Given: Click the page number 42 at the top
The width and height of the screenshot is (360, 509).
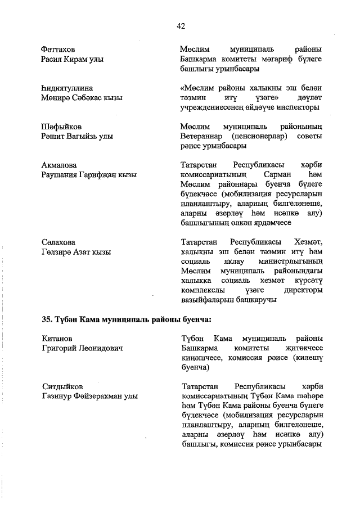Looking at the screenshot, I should pos(181,26).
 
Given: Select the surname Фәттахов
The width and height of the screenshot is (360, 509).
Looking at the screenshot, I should pos(58,49).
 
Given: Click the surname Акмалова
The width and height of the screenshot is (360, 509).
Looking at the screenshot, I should pos(59,165).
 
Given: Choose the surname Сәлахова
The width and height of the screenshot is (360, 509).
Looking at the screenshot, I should pos(58,242).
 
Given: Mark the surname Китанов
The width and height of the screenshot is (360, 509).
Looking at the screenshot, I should pos(57,338).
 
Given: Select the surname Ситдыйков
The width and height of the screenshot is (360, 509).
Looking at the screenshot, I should pos(62,387).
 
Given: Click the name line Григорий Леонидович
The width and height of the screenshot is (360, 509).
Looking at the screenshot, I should pos(82,348).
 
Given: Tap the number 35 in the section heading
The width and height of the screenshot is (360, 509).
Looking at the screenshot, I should pos(47,319).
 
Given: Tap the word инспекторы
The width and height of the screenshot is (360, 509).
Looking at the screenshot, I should pos(299,107).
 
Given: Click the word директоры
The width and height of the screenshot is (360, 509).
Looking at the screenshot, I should pos(304,291).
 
